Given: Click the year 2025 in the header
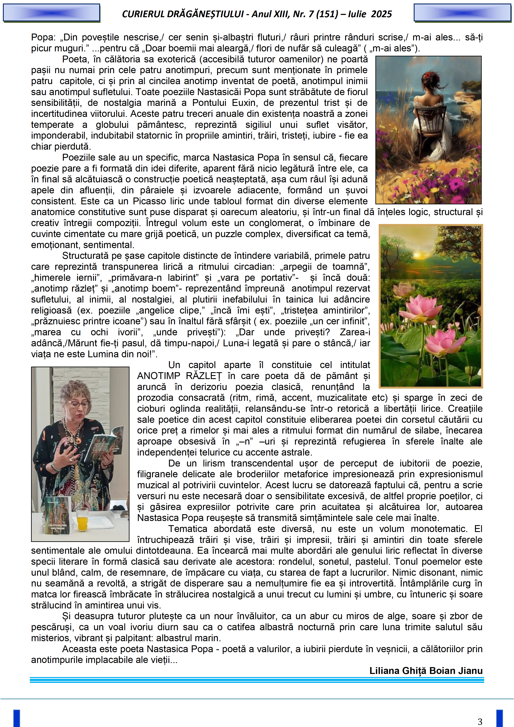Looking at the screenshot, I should coord(381,14).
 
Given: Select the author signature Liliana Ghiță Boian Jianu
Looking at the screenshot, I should coord(426,671).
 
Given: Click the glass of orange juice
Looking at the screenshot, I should coord(82,519).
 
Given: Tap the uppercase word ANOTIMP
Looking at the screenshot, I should coord(159,376).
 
